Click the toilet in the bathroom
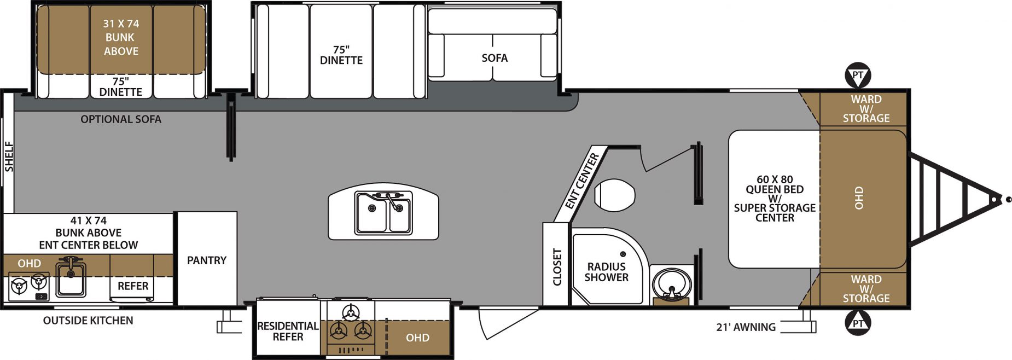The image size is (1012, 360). tap(614, 195)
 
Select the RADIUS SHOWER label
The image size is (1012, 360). tap(606, 272)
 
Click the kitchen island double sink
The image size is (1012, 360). tap(383, 213)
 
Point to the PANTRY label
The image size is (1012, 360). tap(207, 260)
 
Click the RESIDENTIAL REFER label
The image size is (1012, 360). tap(288, 332)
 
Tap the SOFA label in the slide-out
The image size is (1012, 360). tap(495, 58)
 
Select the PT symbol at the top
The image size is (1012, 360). tap(858, 76)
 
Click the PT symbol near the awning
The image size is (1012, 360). tap(858, 323)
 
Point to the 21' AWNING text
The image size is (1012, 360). tap(746, 327)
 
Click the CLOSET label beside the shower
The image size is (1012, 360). tap(557, 267)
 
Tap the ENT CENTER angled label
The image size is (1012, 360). tap(582, 181)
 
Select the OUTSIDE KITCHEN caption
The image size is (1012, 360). tap(88, 321)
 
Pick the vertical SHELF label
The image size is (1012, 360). tap(9, 157)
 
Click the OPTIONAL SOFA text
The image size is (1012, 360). tap(121, 119)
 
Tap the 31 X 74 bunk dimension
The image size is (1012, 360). tap(121, 24)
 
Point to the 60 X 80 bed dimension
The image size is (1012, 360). tap(775, 179)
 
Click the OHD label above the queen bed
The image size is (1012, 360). tap(859, 198)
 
